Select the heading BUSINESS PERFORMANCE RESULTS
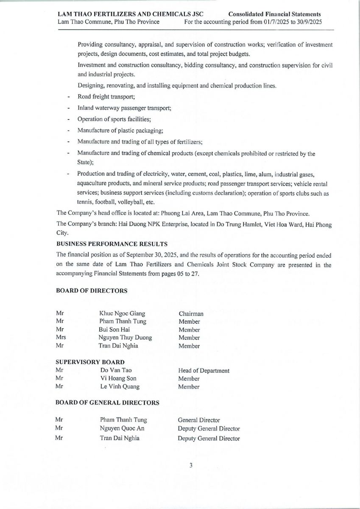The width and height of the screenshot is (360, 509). pos(112,243)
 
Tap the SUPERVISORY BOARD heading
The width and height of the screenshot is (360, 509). pos(90,362)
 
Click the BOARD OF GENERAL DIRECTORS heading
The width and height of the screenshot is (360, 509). pos(108,403)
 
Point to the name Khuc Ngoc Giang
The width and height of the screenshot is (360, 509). pos(122,314)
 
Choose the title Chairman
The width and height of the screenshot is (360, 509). pos(191,314)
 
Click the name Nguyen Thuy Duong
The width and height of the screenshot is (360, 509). pos(125,338)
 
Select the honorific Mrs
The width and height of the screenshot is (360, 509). pos(61,338)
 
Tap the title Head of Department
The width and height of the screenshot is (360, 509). pos(204,371)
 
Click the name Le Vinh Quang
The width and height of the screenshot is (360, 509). pos(120,386)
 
